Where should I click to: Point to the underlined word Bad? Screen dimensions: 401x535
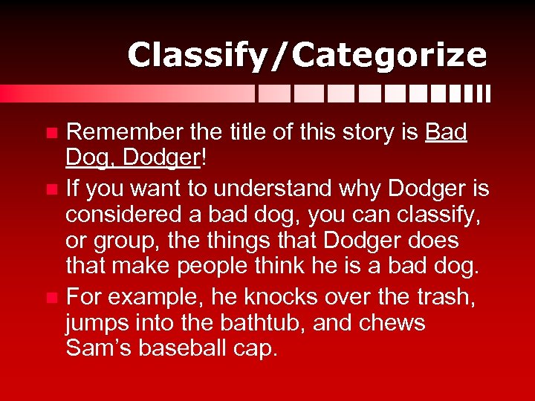click(447, 132)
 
